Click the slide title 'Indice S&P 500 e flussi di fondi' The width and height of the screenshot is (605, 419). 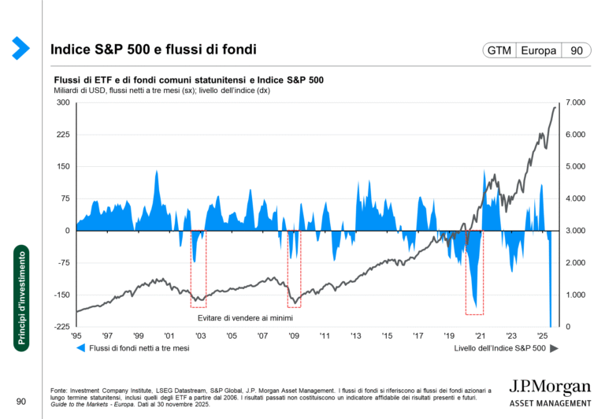tap(153, 50)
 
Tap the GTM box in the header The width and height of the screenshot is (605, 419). tap(499, 50)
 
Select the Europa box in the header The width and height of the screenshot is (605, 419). tap(539, 50)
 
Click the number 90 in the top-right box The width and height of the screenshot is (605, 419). tap(577, 50)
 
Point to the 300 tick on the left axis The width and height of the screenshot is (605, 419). tap(62, 103)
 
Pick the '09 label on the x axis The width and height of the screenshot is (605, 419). tap(293, 336)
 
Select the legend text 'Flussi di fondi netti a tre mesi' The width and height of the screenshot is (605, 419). tap(139, 347)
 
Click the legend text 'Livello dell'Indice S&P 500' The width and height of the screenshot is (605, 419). tap(500, 347)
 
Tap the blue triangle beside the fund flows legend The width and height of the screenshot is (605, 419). tap(80, 347)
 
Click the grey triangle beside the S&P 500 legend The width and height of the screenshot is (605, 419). tap(554, 347)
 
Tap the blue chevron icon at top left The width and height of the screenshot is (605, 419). tap(20, 49)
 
